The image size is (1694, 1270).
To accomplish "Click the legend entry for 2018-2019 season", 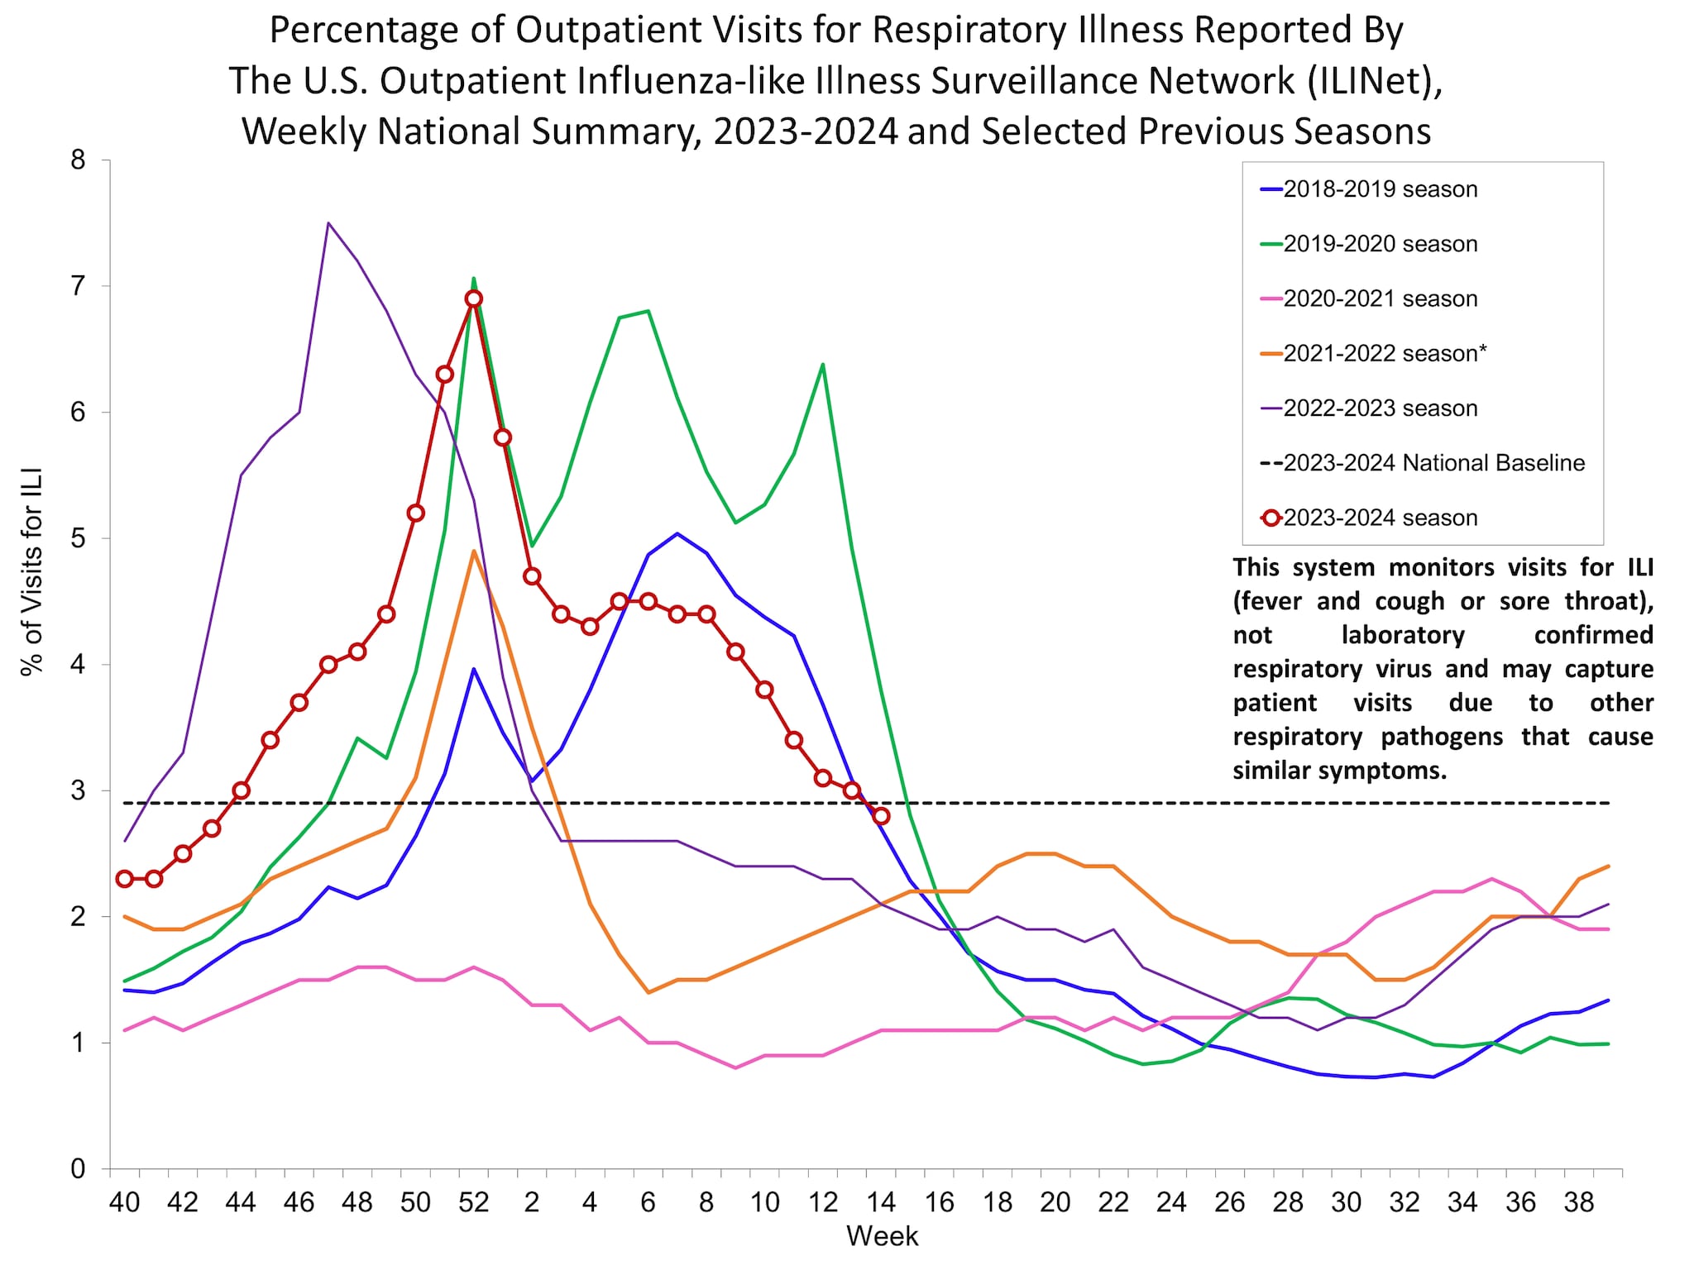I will tap(1380, 189).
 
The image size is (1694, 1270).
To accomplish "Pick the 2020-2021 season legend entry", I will tap(1380, 299).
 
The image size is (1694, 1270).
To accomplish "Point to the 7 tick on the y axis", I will tap(78, 286).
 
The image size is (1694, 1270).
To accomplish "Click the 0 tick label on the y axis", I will tap(78, 1169).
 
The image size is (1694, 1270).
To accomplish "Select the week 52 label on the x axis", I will tap(473, 1201).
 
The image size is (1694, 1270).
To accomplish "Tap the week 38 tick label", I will tap(1579, 1201).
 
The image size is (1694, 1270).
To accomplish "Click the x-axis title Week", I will tap(882, 1236).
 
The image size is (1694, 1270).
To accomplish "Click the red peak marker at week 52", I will tap(473, 299).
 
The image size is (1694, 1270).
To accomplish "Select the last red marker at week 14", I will tap(881, 816).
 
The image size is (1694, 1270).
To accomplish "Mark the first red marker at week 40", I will tap(125, 879).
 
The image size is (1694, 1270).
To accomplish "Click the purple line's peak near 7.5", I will tap(328, 223).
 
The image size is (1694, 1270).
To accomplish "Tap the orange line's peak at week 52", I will tap(473, 551).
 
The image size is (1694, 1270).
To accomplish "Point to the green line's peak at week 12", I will tap(822, 364).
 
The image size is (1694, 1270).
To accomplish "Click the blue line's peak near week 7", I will tap(677, 533).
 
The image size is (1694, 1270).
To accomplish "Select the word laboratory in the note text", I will tap(1403, 635).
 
